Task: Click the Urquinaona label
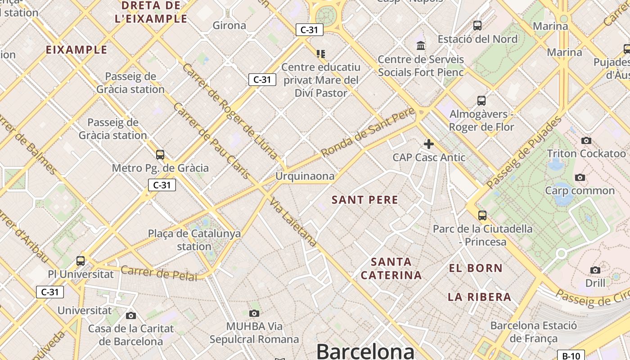coord(305,176)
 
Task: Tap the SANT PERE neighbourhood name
coord(365,200)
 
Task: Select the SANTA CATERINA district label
coord(391,268)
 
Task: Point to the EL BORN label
coord(476,268)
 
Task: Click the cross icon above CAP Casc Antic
coord(428,144)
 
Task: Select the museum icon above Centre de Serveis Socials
coord(421,45)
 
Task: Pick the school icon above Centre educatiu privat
coord(320,54)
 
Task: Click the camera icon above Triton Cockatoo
coord(586,140)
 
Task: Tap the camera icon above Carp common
coord(580,177)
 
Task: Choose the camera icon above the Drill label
coord(595,270)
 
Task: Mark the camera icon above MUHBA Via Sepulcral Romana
coord(254,313)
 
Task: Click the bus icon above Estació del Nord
coord(477,26)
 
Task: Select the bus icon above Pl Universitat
coord(81,261)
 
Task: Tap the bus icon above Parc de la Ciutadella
coord(482,215)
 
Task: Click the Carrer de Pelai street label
coord(159,273)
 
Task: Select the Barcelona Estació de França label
coord(533,332)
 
